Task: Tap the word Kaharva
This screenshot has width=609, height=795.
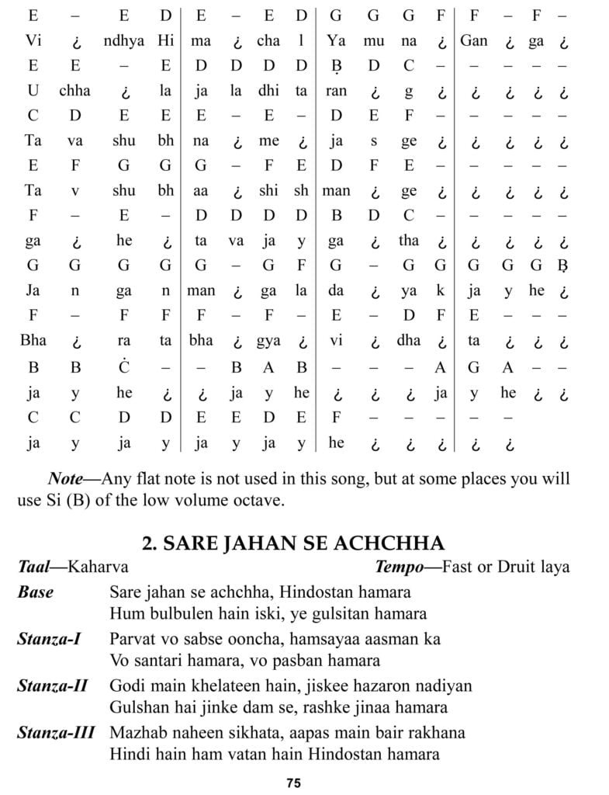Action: pos(98,567)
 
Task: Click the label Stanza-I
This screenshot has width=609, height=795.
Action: pos(50,639)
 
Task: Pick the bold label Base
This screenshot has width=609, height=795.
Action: pos(36,592)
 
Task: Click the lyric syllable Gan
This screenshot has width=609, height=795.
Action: pos(473,40)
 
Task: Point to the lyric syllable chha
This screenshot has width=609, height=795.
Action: pos(74,91)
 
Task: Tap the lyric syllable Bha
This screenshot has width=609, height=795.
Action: pos(34,341)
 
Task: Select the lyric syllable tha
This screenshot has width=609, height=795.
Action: pos(408,241)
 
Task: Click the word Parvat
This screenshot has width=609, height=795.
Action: pos(133,639)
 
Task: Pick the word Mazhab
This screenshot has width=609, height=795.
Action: pos(137,731)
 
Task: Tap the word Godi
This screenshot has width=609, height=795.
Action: pos(126,686)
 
